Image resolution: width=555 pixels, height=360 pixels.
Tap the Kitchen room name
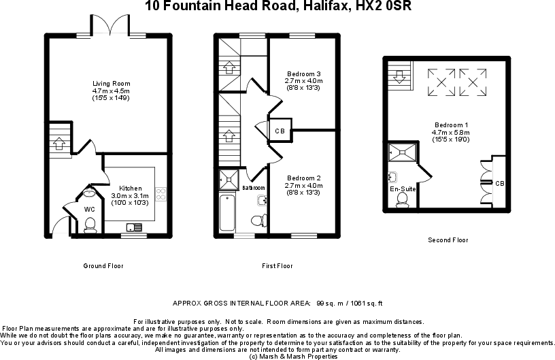pos(131,189)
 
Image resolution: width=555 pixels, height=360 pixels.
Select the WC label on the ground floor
pos(89,209)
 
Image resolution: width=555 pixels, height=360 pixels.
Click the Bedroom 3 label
pos(303,73)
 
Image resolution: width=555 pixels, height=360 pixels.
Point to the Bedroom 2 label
pos(303,178)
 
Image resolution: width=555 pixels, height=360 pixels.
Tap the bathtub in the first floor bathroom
pos(228,214)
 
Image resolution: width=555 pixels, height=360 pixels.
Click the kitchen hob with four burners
pos(161,194)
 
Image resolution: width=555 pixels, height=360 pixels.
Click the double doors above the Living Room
pos(110,27)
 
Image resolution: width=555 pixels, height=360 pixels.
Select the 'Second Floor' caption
pos(448,240)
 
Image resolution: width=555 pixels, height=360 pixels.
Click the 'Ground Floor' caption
pos(103,265)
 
